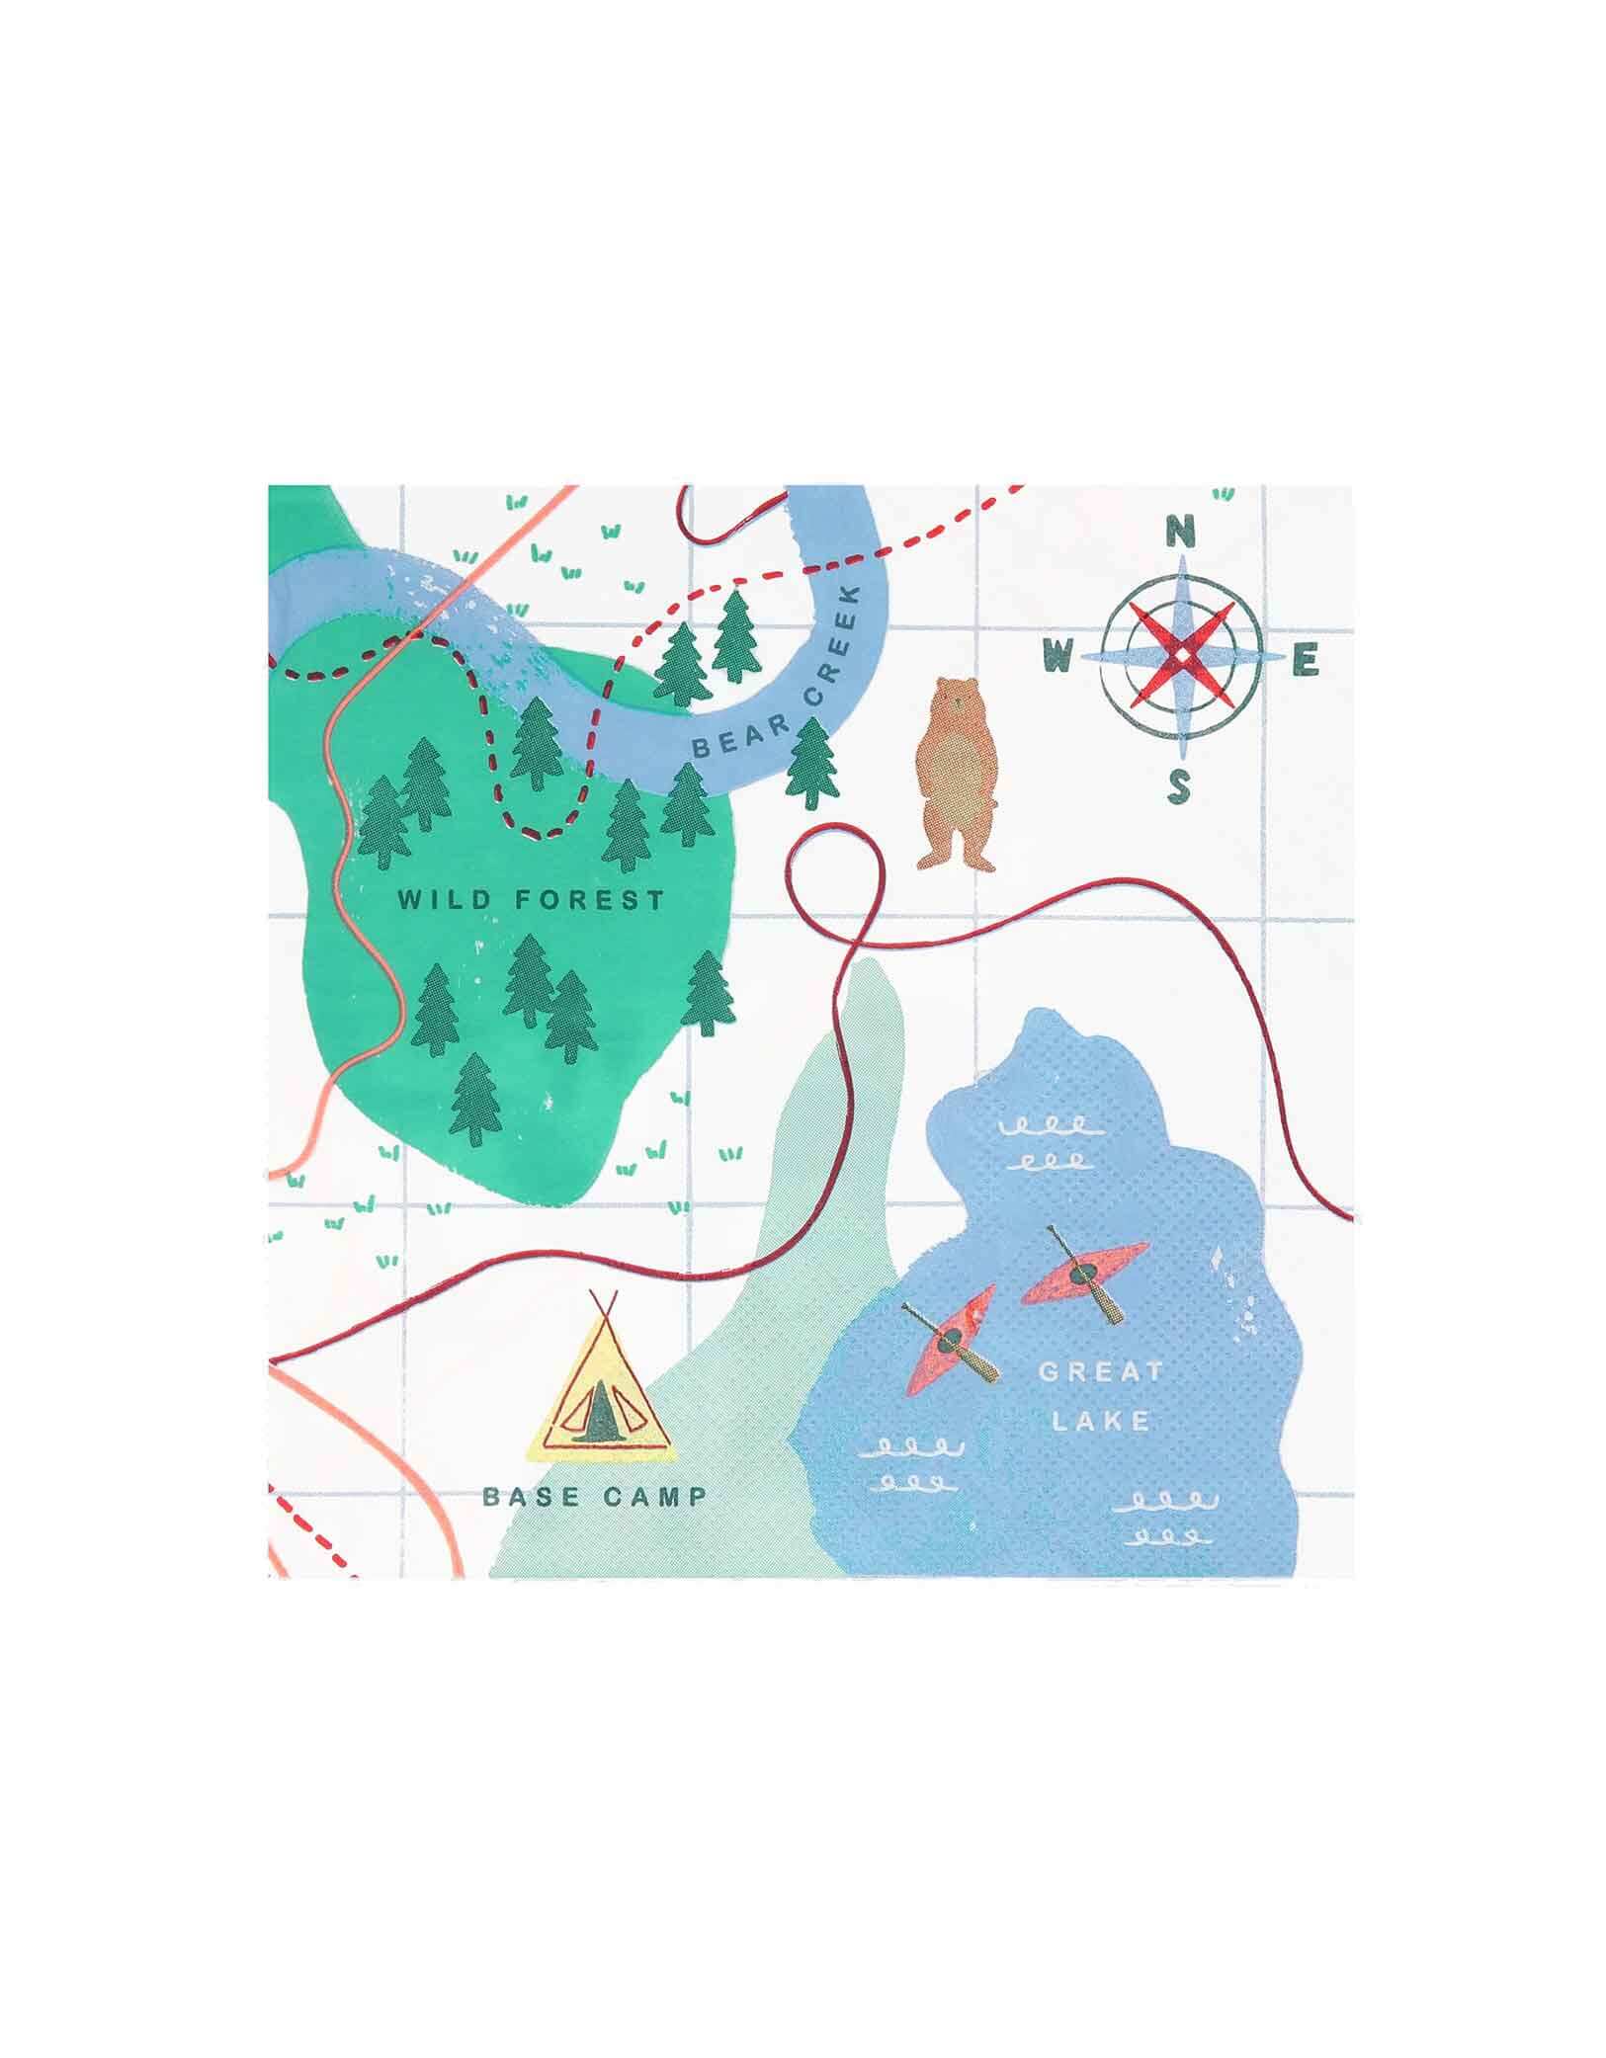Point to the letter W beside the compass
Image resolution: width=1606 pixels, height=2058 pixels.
pos(1058,654)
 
